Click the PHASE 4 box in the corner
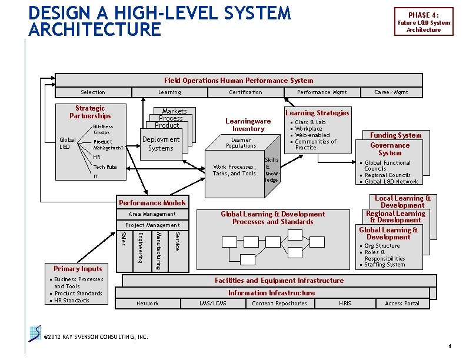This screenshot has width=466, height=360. pos(423,22)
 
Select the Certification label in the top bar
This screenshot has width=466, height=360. pos(245,92)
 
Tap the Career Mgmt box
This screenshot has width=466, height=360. pos(391,92)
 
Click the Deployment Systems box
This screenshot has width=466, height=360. pos(161,144)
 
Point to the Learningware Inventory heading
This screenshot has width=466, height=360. pos(248,125)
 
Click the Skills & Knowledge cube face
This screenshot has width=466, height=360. pos(272,170)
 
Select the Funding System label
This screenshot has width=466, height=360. pos(395,135)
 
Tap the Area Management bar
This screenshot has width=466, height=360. pos(152,214)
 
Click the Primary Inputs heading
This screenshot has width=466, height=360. pos(78,269)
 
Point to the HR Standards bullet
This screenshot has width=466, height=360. pos(72,301)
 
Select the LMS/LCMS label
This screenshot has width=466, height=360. pos(213,304)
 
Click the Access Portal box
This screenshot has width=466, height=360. pos(402,304)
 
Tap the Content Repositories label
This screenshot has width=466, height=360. pos(279,304)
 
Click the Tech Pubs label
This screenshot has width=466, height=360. pos(105,167)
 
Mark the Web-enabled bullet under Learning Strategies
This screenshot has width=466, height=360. pos(312,135)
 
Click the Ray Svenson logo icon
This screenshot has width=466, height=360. pos(35,332)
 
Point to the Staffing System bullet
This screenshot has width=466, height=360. pos(384,265)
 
